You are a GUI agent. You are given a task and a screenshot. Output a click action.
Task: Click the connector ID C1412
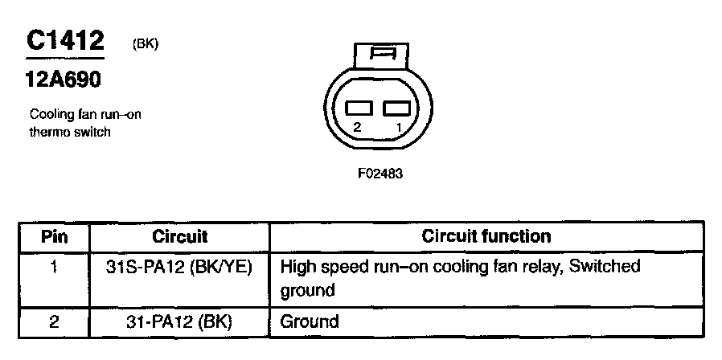pyautogui.click(x=65, y=42)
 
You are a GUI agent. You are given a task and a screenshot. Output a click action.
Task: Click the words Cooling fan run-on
pyautogui.click(x=84, y=114)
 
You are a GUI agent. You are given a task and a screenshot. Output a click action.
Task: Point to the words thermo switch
pyautogui.click(x=69, y=132)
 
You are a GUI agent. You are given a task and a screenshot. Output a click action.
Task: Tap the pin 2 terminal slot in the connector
pyautogui.click(x=359, y=108)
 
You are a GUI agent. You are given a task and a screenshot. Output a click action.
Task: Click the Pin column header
pyautogui.click(x=55, y=236)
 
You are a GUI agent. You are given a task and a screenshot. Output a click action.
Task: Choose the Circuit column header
pyautogui.click(x=179, y=236)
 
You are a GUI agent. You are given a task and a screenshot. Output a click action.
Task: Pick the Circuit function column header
pyautogui.click(x=486, y=236)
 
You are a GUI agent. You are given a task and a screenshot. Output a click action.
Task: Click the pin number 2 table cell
pyautogui.click(x=55, y=321)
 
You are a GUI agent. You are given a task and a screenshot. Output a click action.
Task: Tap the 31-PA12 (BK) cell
pyautogui.click(x=179, y=321)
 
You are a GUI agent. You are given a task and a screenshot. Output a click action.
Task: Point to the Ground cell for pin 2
pyautogui.click(x=310, y=321)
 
